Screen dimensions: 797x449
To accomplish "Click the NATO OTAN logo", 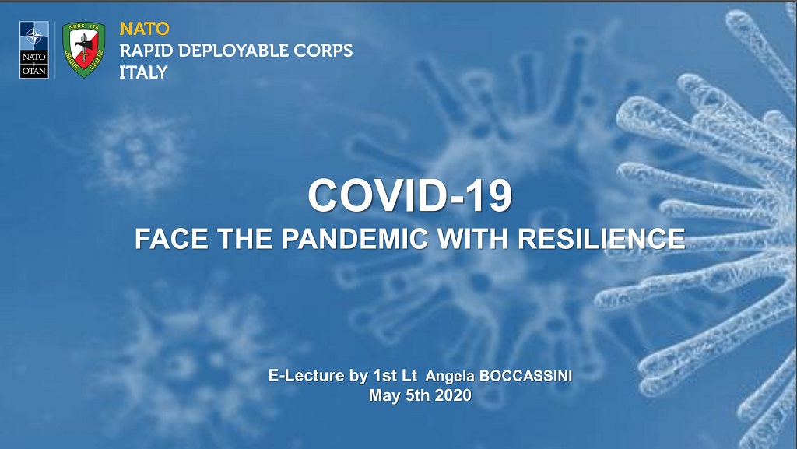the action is tap(34, 50).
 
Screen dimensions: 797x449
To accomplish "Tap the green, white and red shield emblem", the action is tap(84, 50).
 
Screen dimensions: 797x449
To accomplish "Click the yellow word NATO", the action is tap(144, 29).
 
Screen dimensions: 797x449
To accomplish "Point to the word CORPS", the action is tap(323, 51).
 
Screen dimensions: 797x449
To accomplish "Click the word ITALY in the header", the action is tap(143, 72).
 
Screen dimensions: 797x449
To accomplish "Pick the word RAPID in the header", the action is tap(146, 51).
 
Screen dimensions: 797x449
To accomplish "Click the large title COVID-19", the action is tap(409, 195).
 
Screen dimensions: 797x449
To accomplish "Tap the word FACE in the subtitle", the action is tap(171, 239).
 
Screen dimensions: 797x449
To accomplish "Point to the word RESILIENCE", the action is tap(602, 239).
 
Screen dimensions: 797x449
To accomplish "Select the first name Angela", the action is tap(451, 377).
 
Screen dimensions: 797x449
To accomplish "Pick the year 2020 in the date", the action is tap(454, 395).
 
